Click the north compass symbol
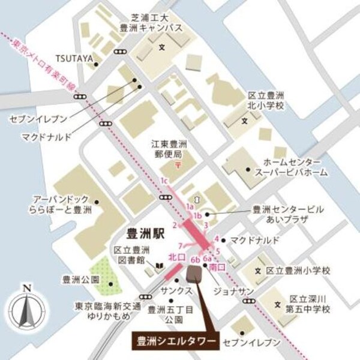click(x=26, y=310)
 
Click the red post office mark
click(x=176, y=164)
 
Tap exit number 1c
click(x=164, y=180)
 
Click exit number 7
click(x=179, y=245)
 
